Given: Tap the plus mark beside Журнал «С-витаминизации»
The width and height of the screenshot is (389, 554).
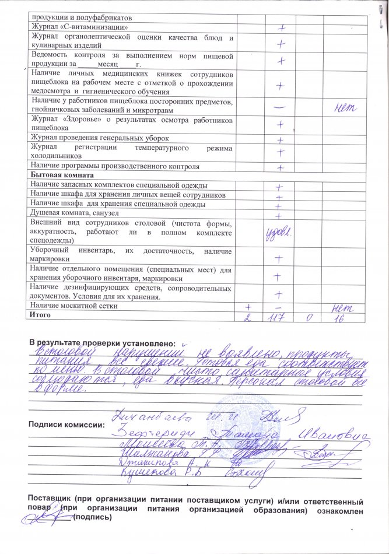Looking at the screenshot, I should coord(281,27).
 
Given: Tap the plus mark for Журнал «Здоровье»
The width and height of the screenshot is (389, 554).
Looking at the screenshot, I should coord(281,124).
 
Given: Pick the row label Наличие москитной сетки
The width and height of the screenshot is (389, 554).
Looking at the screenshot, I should coord(73,306).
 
